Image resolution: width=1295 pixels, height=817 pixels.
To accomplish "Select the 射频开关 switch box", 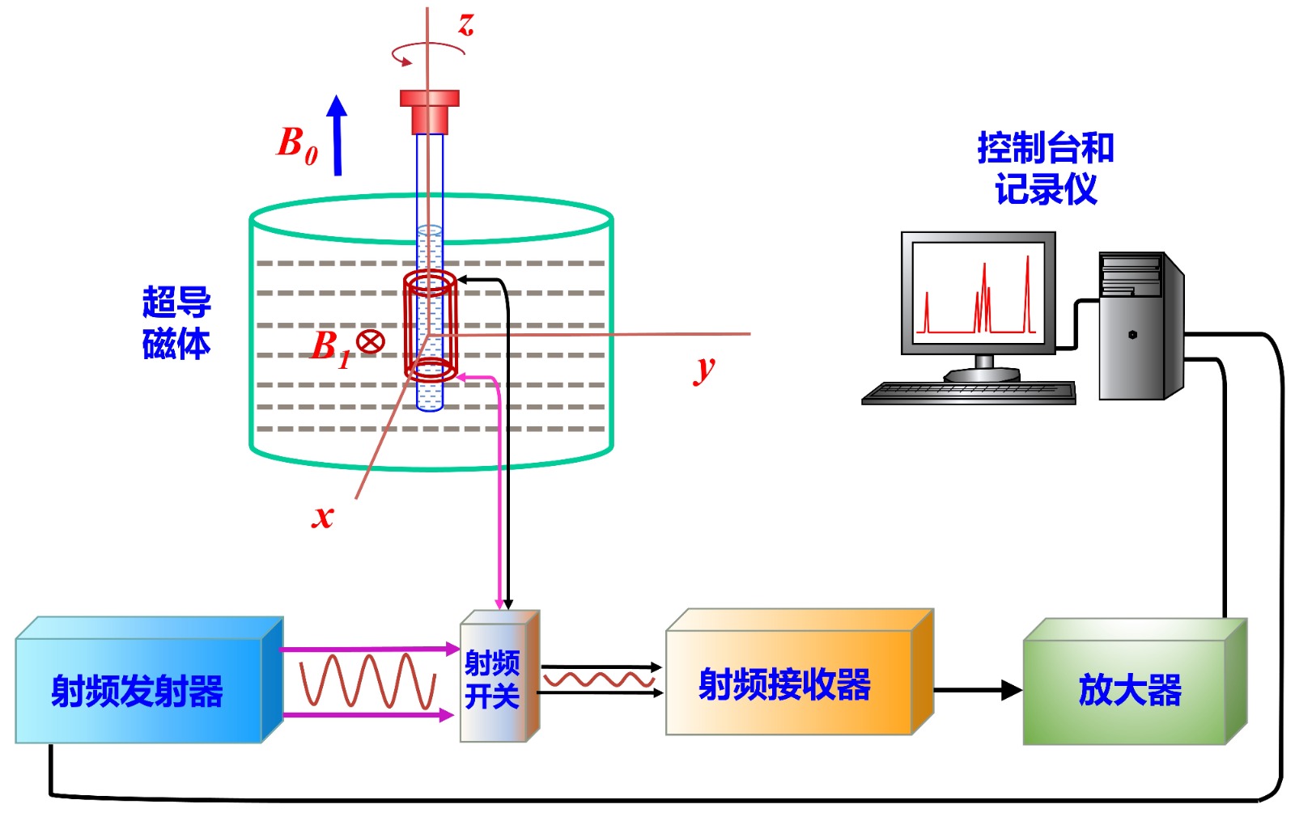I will point(493,679).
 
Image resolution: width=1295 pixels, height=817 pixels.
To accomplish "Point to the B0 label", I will point(296,144).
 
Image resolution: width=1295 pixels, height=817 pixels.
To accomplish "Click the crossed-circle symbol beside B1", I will point(370,341).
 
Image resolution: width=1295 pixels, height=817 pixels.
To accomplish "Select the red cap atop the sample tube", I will point(430,111).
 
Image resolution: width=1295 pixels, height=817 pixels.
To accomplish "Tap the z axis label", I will point(465,23).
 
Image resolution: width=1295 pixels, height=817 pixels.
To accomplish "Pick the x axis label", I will point(322,515).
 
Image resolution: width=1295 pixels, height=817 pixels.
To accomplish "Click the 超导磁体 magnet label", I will point(176,323).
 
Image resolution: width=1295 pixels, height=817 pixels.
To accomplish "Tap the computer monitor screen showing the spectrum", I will point(978,292).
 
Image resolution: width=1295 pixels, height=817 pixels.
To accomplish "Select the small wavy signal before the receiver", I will point(599,679).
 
